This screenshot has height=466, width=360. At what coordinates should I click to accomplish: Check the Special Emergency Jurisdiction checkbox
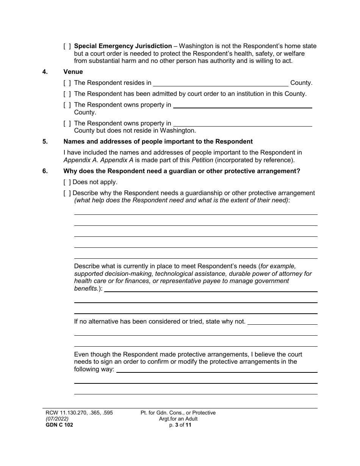67,46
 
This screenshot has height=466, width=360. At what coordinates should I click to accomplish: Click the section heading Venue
73,72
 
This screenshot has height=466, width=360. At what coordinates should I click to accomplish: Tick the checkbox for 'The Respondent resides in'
67,83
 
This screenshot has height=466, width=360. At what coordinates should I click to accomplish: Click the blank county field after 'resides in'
220,83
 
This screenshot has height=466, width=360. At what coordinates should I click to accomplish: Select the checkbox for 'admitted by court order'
67,94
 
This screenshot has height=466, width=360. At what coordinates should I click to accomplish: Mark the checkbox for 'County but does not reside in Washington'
67,123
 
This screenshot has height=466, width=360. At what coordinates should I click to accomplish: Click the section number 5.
45,142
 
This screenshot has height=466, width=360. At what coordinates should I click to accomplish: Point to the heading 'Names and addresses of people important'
158,142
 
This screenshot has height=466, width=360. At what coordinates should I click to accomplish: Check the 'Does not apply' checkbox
67,182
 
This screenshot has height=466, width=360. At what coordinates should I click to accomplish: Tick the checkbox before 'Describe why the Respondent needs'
67,193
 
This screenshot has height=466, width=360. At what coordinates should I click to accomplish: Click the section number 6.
45,171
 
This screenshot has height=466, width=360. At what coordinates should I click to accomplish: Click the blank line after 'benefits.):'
211,289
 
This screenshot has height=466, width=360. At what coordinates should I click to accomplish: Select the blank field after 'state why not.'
282,322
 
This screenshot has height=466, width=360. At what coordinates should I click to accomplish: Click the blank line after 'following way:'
217,369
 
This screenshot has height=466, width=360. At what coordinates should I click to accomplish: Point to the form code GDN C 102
56,425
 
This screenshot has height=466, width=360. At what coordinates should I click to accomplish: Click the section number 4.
45,72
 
